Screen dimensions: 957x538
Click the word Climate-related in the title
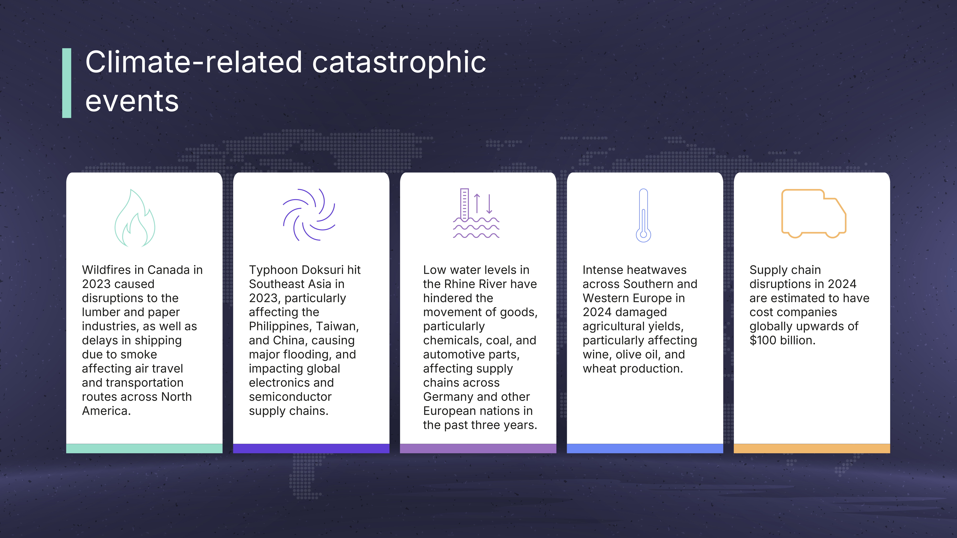point(193,62)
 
